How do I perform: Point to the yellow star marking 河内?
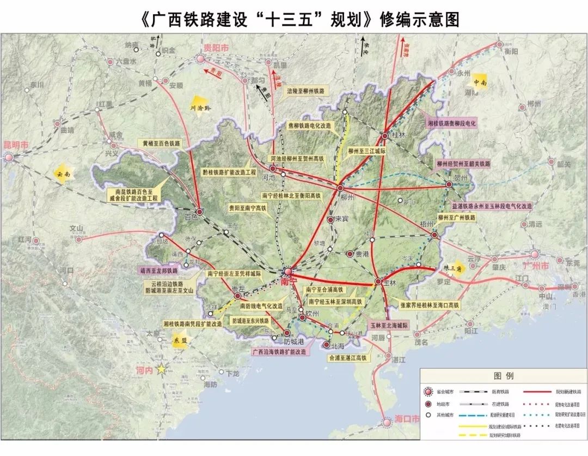(161, 369)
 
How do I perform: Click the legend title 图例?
(504, 376)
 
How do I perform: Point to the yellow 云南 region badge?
(63, 173)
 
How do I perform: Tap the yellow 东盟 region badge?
(180, 339)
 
